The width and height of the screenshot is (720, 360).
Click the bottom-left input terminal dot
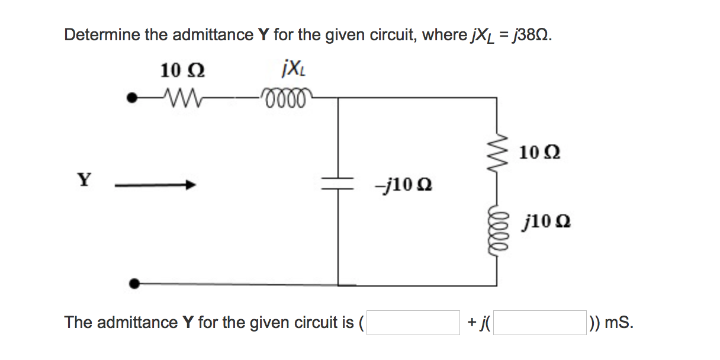tap(136, 284)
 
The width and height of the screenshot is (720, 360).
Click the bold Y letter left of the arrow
tap(85, 179)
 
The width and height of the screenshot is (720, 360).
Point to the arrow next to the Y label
tap(155, 185)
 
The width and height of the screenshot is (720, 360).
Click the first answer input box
tap(413, 323)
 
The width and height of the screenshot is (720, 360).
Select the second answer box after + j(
tap(540, 323)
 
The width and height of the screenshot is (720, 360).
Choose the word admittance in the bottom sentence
tap(137, 323)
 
